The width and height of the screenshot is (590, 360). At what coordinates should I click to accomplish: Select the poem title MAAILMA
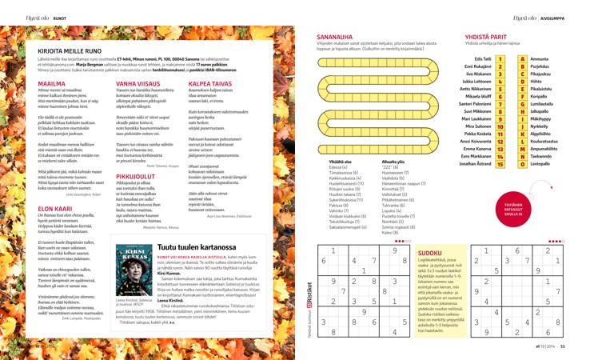52,82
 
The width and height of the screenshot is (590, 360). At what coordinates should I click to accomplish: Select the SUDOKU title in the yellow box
429,252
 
